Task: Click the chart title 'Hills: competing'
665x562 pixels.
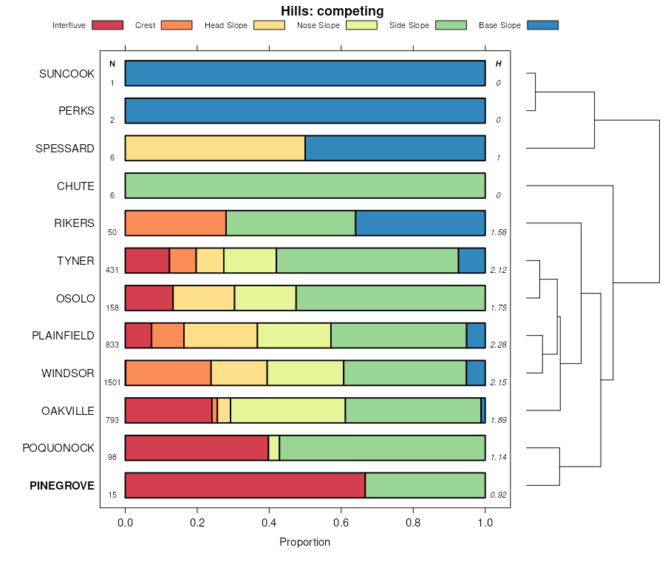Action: point(332,11)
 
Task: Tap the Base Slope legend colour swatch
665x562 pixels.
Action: point(542,25)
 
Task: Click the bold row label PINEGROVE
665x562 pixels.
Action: point(62,486)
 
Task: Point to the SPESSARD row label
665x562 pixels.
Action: point(65,149)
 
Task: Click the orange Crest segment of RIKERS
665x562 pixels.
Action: point(175,223)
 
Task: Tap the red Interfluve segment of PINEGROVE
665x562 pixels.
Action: point(245,486)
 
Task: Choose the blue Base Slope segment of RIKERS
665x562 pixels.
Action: point(420,223)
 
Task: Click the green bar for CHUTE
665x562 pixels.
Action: point(304,186)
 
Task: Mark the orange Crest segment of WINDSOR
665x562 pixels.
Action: point(168,373)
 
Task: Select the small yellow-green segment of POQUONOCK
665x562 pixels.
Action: point(273,448)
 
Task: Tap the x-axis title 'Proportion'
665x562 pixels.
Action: point(304,542)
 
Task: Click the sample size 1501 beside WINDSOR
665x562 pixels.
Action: point(112,382)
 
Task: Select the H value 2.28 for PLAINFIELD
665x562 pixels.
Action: point(499,345)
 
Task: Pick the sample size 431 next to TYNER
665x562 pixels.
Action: point(112,270)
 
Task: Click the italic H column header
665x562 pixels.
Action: point(498,64)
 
